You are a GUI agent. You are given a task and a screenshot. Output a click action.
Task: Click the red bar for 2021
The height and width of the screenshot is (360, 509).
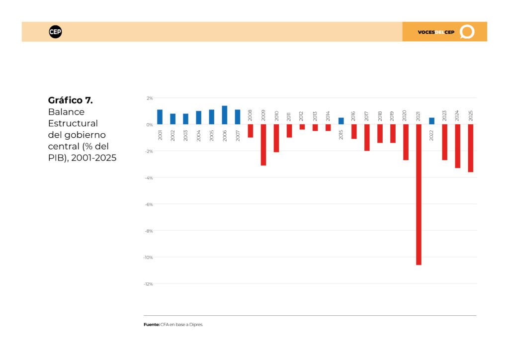pos(419,194)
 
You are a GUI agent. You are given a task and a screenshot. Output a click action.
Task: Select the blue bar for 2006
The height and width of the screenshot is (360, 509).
pos(225,115)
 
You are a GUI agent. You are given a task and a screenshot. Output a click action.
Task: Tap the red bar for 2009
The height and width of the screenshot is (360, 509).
pos(263,145)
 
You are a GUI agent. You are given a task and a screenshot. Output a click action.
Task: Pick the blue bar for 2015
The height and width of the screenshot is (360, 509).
pos(341,121)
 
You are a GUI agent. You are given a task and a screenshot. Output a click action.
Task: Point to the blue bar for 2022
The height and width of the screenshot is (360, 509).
pos(432,121)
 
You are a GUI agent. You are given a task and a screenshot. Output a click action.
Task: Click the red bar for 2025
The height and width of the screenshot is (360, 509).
pos(471,148)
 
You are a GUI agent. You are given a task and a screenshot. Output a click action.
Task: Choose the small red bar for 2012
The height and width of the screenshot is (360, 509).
pos(302,127)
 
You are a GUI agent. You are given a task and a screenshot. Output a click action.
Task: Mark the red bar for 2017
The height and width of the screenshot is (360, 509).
pos(367,138)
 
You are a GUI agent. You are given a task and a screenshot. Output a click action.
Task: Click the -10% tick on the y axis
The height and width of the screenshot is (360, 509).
pos(148,258)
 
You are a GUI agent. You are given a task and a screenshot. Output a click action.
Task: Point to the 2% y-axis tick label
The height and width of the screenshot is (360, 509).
pos(150,98)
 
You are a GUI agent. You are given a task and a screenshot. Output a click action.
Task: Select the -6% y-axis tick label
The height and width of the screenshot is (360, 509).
pos(149,204)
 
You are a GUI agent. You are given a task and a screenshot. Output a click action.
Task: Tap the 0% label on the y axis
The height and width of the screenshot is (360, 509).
pos(149,125)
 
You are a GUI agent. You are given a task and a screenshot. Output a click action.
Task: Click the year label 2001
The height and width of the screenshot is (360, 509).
pos(160,135)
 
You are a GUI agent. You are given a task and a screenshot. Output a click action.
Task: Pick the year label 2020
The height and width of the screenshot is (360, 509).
pos(405,115)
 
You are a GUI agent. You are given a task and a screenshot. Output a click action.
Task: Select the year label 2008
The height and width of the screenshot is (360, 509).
pos(250,115)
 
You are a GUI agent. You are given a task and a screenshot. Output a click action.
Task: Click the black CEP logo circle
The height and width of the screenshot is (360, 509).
pos(55,32)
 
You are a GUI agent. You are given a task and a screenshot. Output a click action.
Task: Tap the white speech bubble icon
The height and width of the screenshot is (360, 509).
pos(467,32)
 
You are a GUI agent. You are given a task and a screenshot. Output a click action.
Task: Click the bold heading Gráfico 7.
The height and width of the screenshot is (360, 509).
pos(71,100)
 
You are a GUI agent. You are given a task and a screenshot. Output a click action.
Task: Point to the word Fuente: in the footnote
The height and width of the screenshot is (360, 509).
pos(152,325)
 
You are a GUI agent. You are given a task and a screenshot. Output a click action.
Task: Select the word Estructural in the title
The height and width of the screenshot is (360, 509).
pos(73,123)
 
